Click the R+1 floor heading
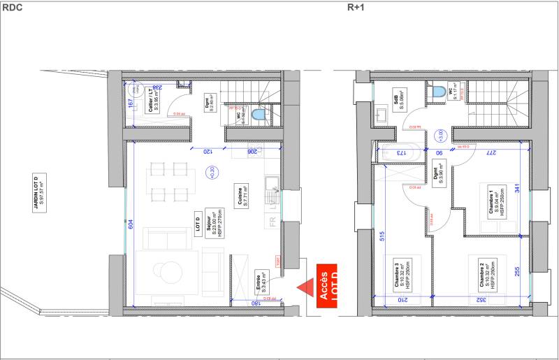(356, 7)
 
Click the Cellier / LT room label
(153, 101)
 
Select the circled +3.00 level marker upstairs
(440, 135)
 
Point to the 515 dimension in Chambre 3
(382, 236)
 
